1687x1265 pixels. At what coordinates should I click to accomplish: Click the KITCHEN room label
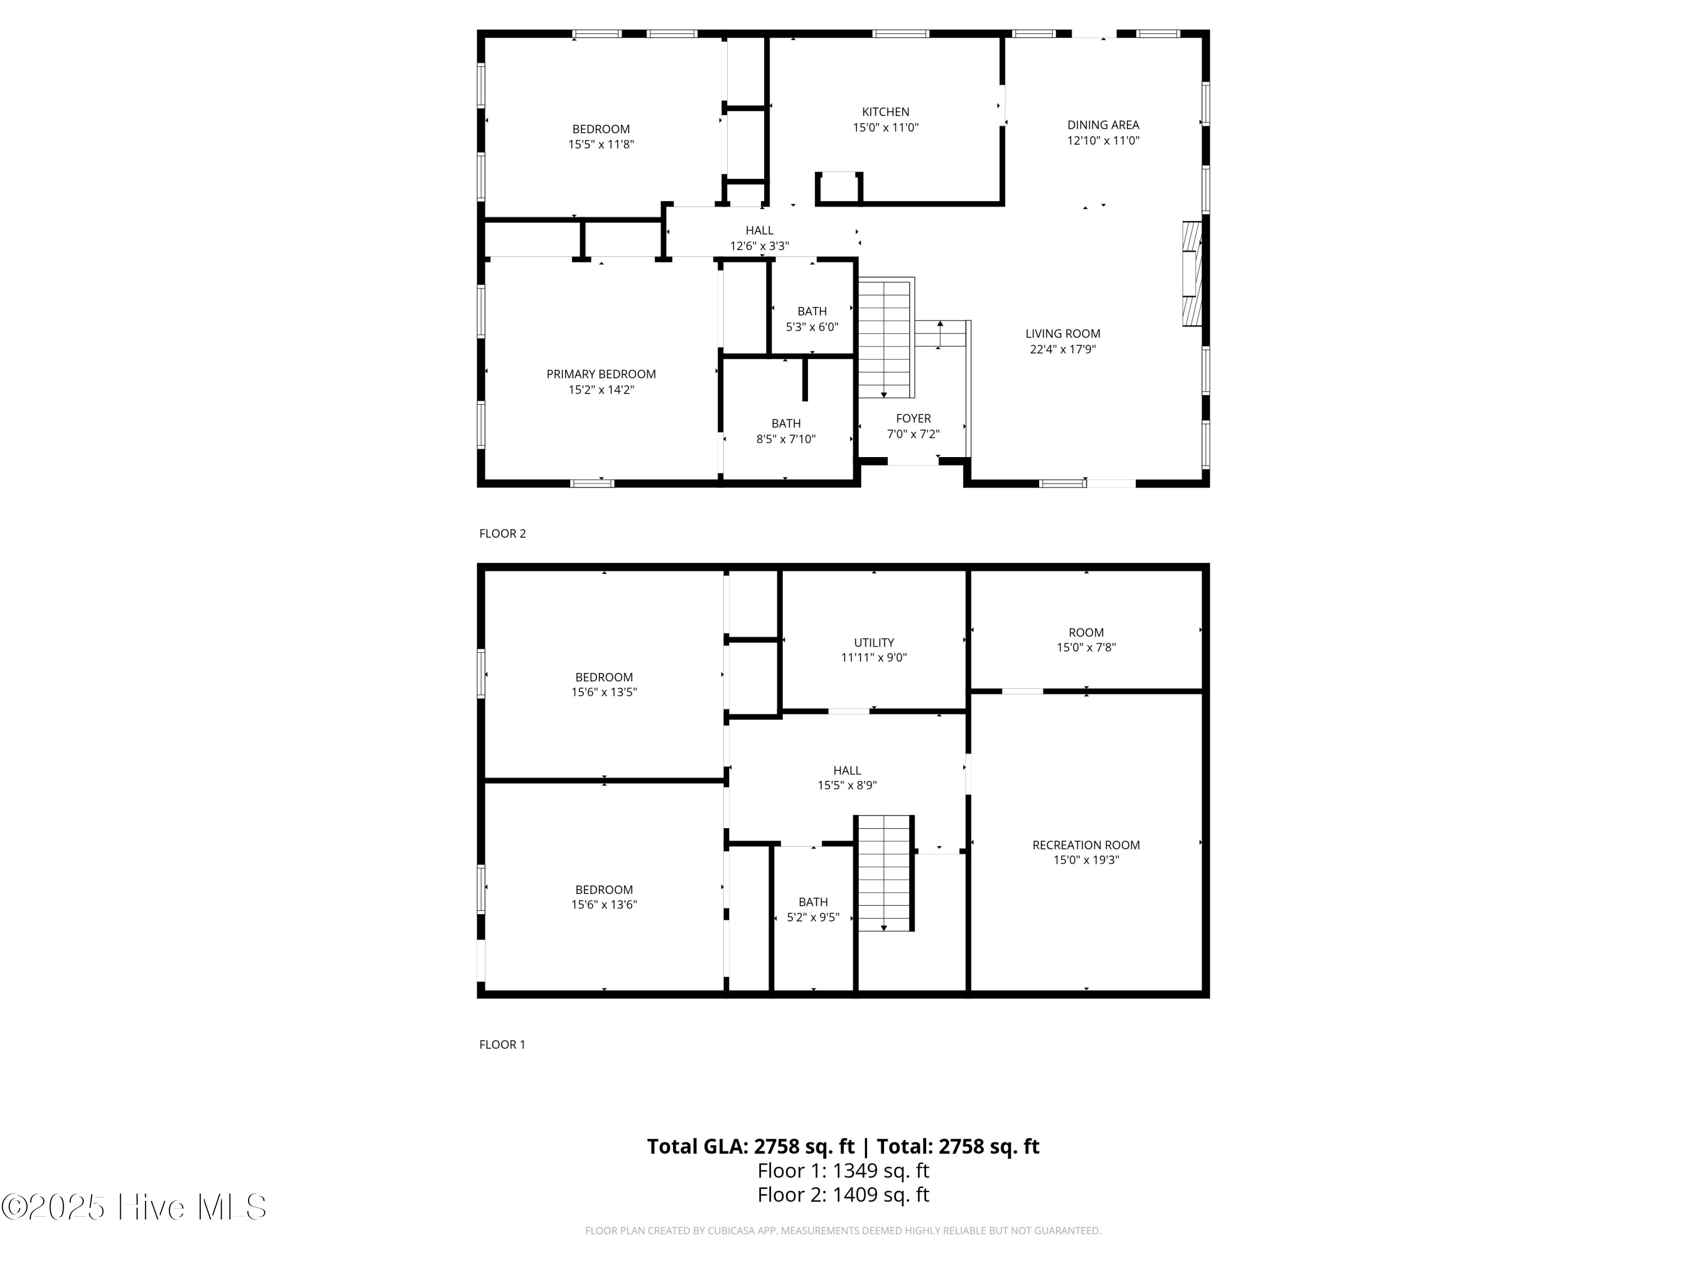pyautogui.click(x=886, y=112)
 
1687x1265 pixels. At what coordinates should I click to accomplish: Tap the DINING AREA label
pyautogui.click(x=1103, y=125)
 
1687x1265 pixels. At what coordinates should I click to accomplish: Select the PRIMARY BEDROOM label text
pyautogui.click(x=601, y=374)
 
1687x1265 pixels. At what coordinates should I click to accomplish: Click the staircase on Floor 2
pyautogui.click(x=885, y=338)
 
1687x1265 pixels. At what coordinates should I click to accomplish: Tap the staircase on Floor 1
pyautogui.click(x=884, y=873)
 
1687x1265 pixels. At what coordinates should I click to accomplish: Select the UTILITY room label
pyautogui.click(x=874, y=643)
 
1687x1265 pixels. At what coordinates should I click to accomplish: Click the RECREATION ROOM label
pyautogui.click(x=1086, y=845)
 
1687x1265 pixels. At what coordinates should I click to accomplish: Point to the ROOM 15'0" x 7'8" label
pyautogui.click(x=1086, y=640)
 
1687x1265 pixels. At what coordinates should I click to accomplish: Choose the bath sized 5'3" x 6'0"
pyautogui.click(x=812, y=319)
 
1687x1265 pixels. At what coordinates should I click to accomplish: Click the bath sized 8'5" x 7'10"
pyautogui.click(x=786, y=431)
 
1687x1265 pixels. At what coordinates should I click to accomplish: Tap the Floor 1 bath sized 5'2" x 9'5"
pyautogui.click(x=813, y=910)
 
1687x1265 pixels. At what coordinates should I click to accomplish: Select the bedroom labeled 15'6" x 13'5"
pyautogui.click(x=604, y=685)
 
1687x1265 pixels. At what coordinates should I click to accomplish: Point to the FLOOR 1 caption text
pyautogui.click(x=502, y=1045)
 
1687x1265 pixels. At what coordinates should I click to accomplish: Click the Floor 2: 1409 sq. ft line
pyautogui.click(x=843, y=1195)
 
